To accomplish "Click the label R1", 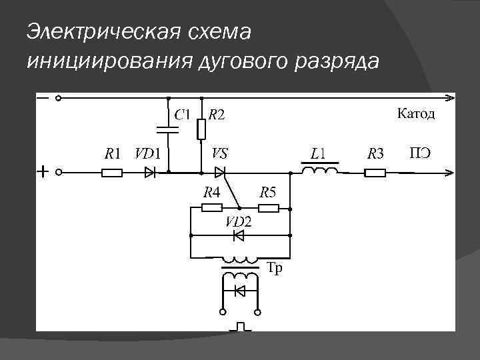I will [112, 154].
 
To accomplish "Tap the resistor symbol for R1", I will [112, 173].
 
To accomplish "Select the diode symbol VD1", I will [150, 173].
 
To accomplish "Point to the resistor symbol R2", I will [201, 129].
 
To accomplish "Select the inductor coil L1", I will [320, 171].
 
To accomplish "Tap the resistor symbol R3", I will [376, 173].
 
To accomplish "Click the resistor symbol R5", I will [269, 209].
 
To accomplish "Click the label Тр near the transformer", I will [275, 269].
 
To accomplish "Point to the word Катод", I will [417, 113].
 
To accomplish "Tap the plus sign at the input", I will [43, 173].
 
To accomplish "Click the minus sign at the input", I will [43, 98].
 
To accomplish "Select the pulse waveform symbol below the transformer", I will [241, 327].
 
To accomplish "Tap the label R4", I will [212, 193].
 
